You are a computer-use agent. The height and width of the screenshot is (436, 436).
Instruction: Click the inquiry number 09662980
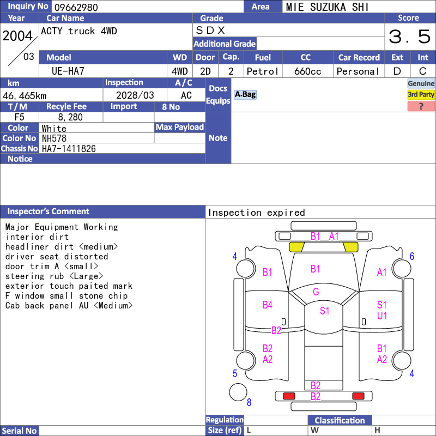point(76,7)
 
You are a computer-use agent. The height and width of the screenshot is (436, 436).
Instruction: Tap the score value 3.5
point(409,37)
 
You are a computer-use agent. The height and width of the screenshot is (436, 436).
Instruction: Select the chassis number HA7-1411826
point(69,149)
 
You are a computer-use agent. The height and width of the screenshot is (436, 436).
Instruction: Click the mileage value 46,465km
point(25,96)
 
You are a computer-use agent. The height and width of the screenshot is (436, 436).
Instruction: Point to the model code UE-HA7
point(68,71)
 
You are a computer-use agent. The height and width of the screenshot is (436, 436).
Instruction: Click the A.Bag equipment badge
point(245,94)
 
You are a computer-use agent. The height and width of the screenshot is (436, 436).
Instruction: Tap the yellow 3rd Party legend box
point(421,95)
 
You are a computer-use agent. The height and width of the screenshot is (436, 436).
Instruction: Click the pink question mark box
point(421,106)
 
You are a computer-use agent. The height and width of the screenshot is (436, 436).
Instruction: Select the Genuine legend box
point(421,83)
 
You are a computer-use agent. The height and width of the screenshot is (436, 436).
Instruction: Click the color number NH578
point(54,138)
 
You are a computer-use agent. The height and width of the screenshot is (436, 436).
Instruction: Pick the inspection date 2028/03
point(135,95)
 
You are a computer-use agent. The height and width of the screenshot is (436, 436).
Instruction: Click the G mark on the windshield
point(316,292)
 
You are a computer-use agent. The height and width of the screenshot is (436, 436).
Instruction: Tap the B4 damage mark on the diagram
point(268,305)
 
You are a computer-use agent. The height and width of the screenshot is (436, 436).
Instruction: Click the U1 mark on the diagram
point(382,316)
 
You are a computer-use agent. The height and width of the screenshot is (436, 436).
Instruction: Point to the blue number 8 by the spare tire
point(249,402)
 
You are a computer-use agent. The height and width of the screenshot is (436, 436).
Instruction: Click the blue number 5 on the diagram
point(235,373)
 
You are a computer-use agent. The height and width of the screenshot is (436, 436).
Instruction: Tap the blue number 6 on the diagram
point(412,256)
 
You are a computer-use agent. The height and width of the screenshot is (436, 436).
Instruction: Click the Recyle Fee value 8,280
point(70,117)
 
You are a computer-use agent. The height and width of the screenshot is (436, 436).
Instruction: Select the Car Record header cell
point(359,57)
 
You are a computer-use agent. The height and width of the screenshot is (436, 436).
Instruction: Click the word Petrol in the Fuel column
point(263,71)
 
